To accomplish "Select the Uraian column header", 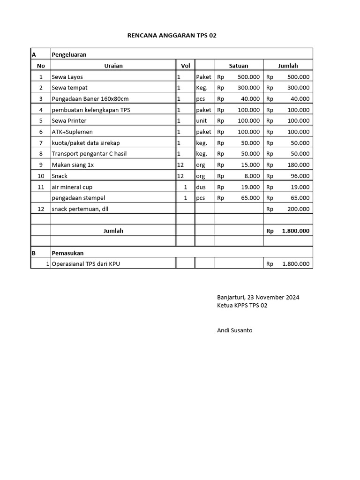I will tap(113, 66).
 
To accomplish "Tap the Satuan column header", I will tap(239, 66).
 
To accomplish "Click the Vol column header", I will tap(185, 66).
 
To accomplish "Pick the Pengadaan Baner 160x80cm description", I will tap(90, 99).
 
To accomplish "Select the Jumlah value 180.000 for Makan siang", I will tap(298, 165).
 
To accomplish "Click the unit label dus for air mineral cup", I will tap(201, 187).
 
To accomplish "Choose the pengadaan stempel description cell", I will tap(78, 198).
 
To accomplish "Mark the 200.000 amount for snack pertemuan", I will tap(298, 209).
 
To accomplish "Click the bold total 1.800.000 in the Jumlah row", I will tap(295, 231).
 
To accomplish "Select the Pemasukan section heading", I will tap(67, 253).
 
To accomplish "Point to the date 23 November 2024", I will tap(273, 297).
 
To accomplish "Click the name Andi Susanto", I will tap(235, 330).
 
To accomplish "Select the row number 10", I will tap(41, 176).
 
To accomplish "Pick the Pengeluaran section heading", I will tap(69, 55).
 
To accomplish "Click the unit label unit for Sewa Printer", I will tap(202, 121).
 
